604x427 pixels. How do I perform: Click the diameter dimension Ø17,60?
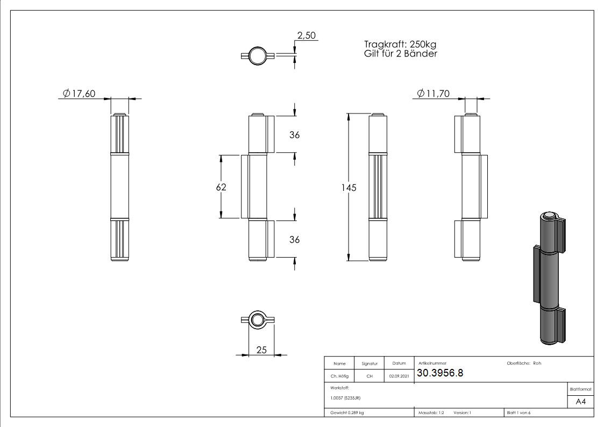click(79, 94)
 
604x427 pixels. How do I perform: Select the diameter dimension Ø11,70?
click(434, 94)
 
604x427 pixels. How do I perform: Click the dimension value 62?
click(221, 187)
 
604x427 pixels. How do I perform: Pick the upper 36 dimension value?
click(294, 135)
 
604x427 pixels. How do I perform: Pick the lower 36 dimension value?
click(294, 240)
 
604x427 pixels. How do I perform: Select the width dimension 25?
click(261, 350)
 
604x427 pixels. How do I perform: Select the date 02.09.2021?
click(399, 376)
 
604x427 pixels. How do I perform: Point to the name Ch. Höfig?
click(339, 376)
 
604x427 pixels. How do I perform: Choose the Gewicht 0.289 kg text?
click(347, 412)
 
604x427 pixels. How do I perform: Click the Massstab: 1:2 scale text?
click(431, 412)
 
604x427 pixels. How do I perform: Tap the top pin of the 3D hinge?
click(549, 216)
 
